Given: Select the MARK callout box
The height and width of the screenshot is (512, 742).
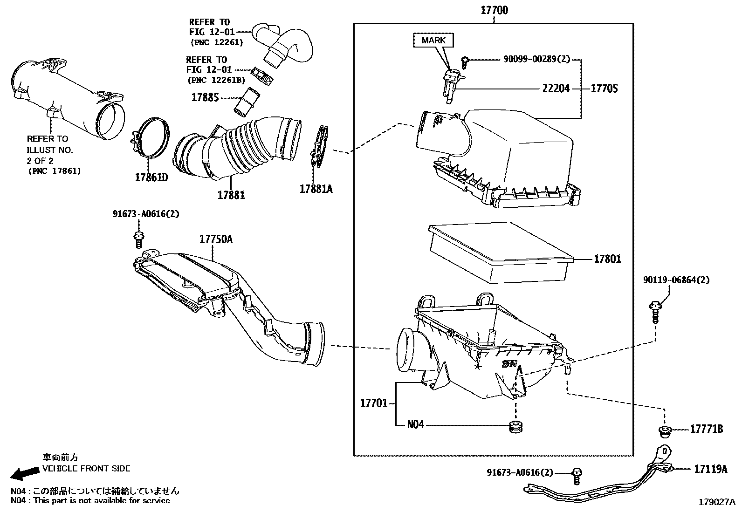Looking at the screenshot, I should pos(433,41).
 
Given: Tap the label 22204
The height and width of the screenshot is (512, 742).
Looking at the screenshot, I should pos(556,89).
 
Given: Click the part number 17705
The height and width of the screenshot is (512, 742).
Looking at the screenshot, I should pos(604,89).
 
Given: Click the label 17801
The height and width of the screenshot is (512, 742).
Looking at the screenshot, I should pos(607,259).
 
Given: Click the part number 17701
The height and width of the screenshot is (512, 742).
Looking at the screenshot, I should pos(373,403).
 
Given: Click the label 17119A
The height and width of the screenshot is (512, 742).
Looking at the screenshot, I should pos(710,469).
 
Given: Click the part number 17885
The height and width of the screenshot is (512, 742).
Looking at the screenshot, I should pos(205,98).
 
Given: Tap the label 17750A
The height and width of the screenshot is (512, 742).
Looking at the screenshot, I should pos(216,239).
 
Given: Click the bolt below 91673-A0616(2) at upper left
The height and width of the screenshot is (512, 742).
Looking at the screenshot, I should pos(138,239).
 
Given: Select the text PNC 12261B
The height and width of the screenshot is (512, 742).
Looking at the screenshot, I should pos(216,80).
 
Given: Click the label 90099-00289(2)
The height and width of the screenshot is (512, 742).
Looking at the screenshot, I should pos(536,60).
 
